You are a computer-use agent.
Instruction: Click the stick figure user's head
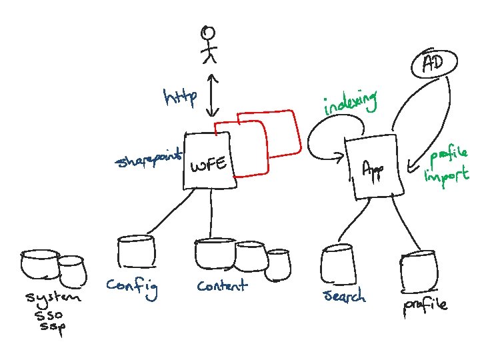[210, 32]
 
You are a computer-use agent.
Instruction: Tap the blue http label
[180, 99]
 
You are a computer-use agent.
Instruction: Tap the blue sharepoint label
[149, 160]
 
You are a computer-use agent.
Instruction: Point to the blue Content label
[221, 285]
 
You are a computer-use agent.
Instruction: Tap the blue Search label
[344, 295]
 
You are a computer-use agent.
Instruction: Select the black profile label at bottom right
[425, 306]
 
